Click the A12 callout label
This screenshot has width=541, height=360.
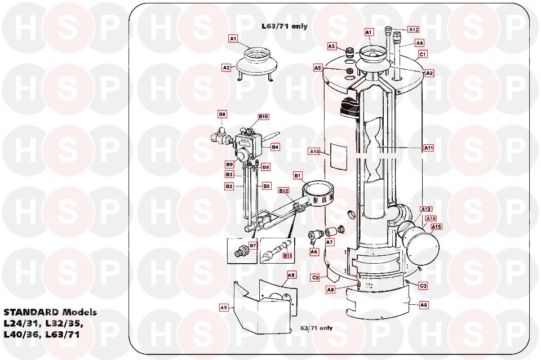[x=413, y=29]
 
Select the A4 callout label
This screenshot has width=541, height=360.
[x=419, y=43]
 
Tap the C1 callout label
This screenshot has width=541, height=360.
[x=423, y=55]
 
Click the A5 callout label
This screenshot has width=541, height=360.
[x=318, y=68]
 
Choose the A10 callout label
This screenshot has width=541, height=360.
[x=314, y=152]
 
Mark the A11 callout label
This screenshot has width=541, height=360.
[x=429, y=148]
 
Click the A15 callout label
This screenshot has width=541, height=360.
[x=436, y=227]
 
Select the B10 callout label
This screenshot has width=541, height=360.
[x=264, y=117]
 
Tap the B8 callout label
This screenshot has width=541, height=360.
[x=222, y=114]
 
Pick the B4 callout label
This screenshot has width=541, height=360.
[x=275, y=147]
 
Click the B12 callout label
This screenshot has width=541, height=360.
[x=283, y=192]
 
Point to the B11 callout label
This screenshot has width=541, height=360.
[x=287, y=256]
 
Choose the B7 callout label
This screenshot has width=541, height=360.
[x=252, y=246]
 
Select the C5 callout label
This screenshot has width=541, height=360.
[x=316, y=277]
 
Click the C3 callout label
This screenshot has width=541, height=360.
[x=423, y=286]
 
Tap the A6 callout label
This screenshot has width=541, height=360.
[x=314, y=252]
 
